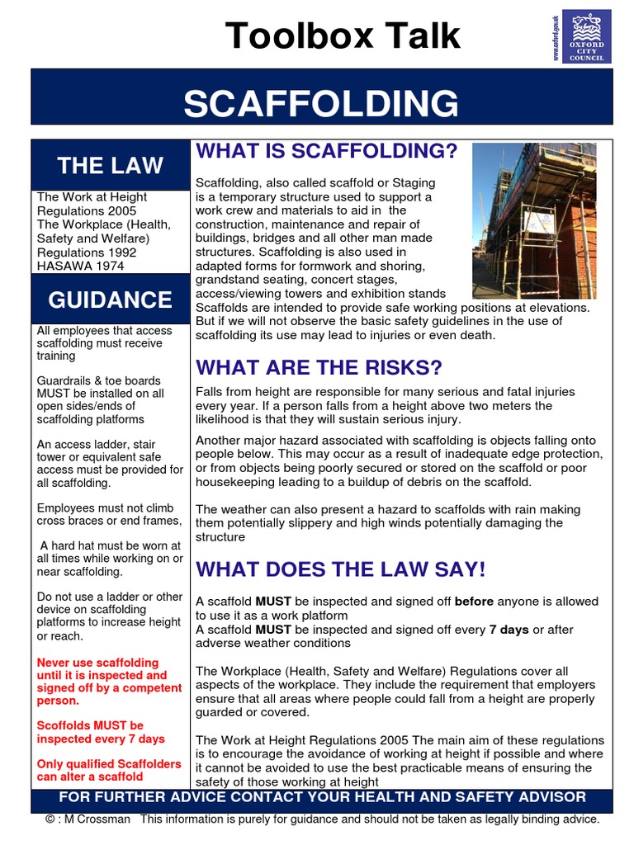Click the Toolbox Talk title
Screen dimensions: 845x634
(343, 35)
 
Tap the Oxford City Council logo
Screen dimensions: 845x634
(586, 35)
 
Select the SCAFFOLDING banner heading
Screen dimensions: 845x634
(321, 104)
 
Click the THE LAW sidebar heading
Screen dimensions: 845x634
(110, 165)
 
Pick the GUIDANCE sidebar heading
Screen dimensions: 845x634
(110, 299)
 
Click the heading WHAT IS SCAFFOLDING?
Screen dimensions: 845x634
(326, 151)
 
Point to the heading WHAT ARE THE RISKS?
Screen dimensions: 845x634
(319, 366)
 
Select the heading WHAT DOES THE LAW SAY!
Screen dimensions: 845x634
(340, 569)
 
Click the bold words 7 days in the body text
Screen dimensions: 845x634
(509, 630)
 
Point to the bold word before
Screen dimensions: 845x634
(474, 602)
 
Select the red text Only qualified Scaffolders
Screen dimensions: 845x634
(108, 764)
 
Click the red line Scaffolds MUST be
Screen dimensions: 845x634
(90, 726)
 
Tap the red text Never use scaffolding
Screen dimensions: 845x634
(97, 663)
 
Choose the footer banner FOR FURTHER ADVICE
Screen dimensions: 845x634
(322, 797)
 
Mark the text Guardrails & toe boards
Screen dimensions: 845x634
(100, 380)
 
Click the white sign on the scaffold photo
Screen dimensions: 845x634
(539, 222)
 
